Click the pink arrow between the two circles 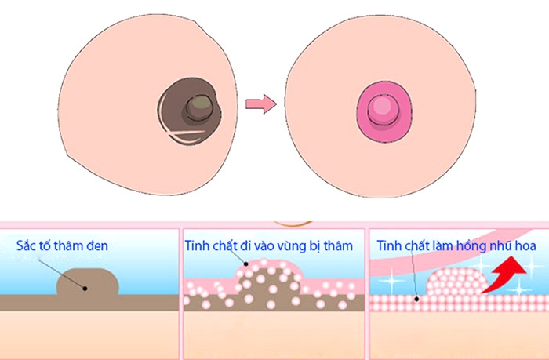259,104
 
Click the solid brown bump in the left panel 88,283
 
